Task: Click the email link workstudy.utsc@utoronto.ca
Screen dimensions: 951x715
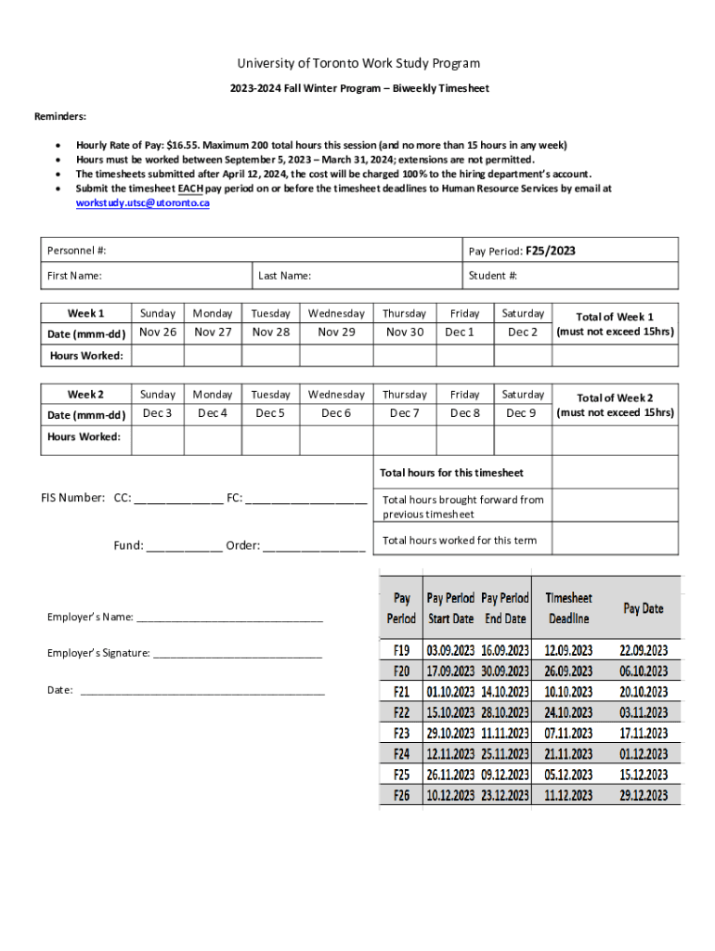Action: [x=142, y=202]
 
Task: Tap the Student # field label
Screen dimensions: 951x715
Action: [x=493, y=276]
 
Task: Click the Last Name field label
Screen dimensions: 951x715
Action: [x=284, y=276]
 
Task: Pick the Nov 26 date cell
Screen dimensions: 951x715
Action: [x=158, y=332]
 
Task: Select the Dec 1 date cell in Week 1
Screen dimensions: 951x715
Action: [x=460, y=332]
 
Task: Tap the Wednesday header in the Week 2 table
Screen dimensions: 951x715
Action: [x=336, y=395]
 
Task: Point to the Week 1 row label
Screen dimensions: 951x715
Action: [x=85, y=313]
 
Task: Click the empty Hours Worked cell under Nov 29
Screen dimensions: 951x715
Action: [x=336, y=356]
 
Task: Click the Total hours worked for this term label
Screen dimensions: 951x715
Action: [x=459, y=541]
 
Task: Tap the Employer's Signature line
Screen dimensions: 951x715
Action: [x=237, y=654]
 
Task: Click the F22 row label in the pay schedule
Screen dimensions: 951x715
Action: [x=401, y=712]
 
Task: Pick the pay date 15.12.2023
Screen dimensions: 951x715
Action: [x=643, y=775]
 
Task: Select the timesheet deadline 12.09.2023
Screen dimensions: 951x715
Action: [x=568, y=650]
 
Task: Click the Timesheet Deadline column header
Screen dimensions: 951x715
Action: [x=568, y=608]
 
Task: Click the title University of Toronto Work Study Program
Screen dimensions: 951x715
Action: [x=357, y=63]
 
